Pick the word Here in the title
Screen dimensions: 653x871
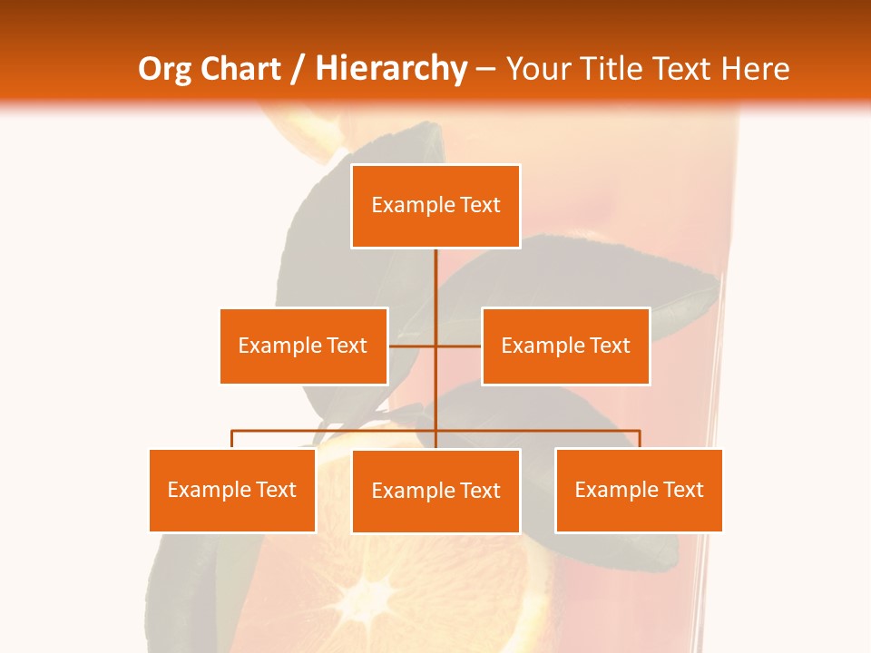pos(755,69)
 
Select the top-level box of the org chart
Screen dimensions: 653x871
pos(435,206)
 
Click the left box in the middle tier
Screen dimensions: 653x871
pos(303,346)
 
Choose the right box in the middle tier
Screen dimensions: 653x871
pos(565,346)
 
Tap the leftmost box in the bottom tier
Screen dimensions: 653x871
pos(232,491)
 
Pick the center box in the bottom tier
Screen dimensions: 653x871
pos(435,492)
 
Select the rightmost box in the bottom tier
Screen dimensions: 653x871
pos(639,491)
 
